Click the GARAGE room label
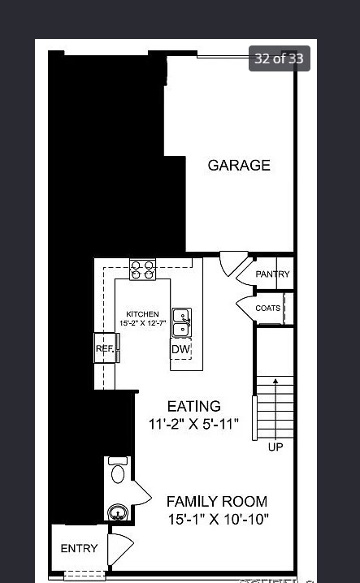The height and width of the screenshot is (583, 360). point(239,166)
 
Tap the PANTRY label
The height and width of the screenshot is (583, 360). point(272,274)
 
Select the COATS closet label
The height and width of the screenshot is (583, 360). point(268,309)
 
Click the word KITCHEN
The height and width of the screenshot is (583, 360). point(142,314)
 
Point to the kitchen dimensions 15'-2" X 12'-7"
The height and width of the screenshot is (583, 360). point(142,323)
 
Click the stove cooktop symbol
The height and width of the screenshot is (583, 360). point(143,270)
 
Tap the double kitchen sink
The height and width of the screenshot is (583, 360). point(181,322)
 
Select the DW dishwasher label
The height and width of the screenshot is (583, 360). point(180,350)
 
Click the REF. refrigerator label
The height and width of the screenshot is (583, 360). point(105,348)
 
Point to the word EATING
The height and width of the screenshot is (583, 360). point(193,406)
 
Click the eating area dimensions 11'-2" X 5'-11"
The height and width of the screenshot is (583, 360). point(193,424)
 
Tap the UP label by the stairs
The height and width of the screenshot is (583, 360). point(276,447)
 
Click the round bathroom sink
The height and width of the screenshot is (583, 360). point(118,512)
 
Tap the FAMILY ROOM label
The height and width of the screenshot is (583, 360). point(217,502)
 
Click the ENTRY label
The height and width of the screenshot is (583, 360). point(79,549)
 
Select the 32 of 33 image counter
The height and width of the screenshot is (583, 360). point(279,58)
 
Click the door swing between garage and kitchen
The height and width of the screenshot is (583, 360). point(232,263)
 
